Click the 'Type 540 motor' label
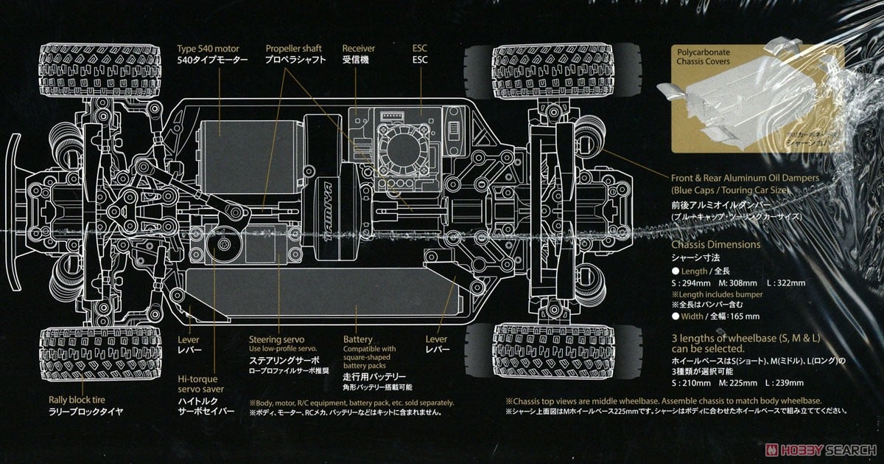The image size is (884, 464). click(208, 48)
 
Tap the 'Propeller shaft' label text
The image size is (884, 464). click(295, 48)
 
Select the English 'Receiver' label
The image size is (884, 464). click(359, 48)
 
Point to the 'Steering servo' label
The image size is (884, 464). click(274, 339)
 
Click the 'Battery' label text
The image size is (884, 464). click(358, 339)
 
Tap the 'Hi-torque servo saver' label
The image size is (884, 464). click(201, 383)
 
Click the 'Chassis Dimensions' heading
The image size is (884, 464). click(715, 244)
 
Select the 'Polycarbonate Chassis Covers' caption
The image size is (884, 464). click(699, 56)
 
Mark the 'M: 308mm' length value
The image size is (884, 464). click(743, 283)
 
